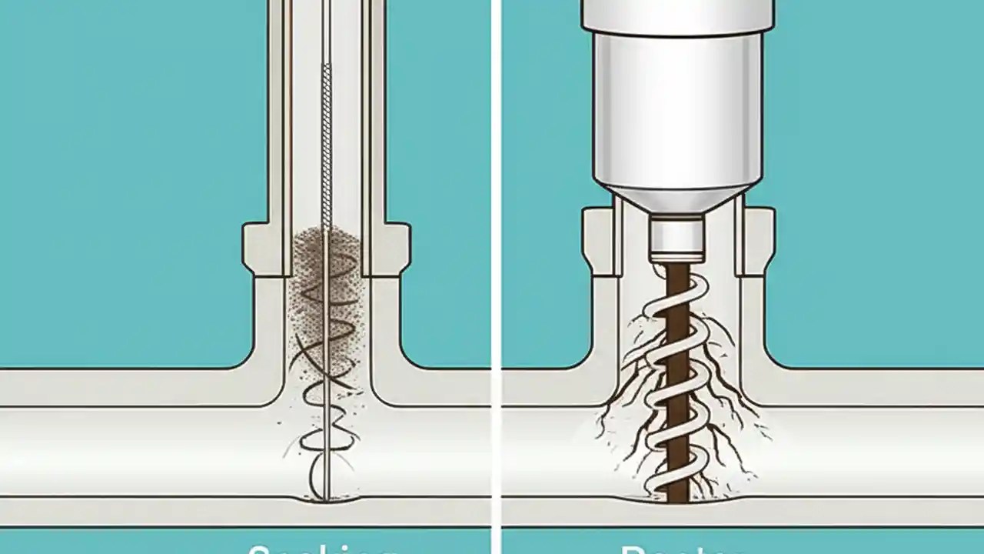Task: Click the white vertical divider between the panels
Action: pyautogui.click(x=496, y=277)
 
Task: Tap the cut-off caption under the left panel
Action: pyautogui.click(x=323, y=548)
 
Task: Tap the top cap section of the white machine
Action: pyautogui.click(x=676, y=15)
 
